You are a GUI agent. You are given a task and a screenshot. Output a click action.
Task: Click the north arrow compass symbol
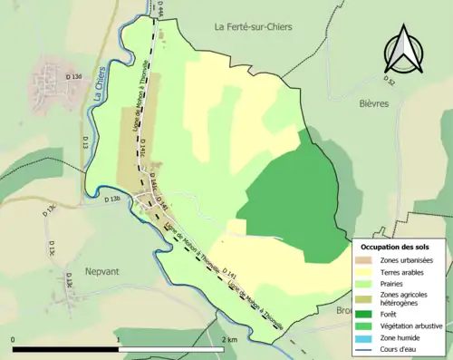[403, 50]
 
